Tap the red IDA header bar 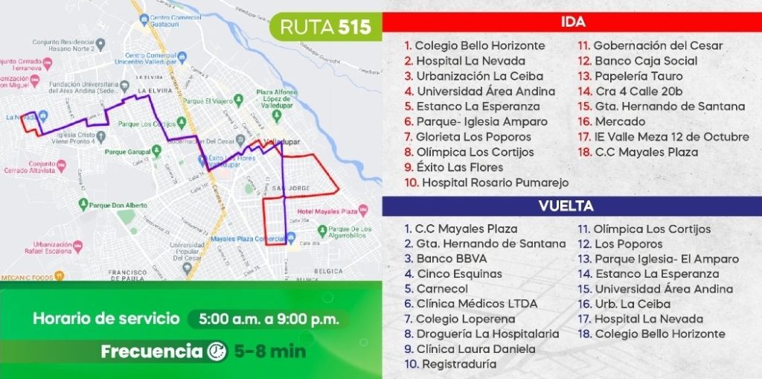pyautogui.click(x=571, y=22)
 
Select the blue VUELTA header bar pyautogui.click(x=571, y=206)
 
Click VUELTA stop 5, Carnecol pyautogui.click(x=442, y=289)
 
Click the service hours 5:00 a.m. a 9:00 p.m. pyautogui.click(x=269, y=319)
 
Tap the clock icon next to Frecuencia pyautogui.click(x=217, y=351)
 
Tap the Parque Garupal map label pyautogui.click(x=129, y=152)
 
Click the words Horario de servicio pyautogui.click(x=106, y=319)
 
